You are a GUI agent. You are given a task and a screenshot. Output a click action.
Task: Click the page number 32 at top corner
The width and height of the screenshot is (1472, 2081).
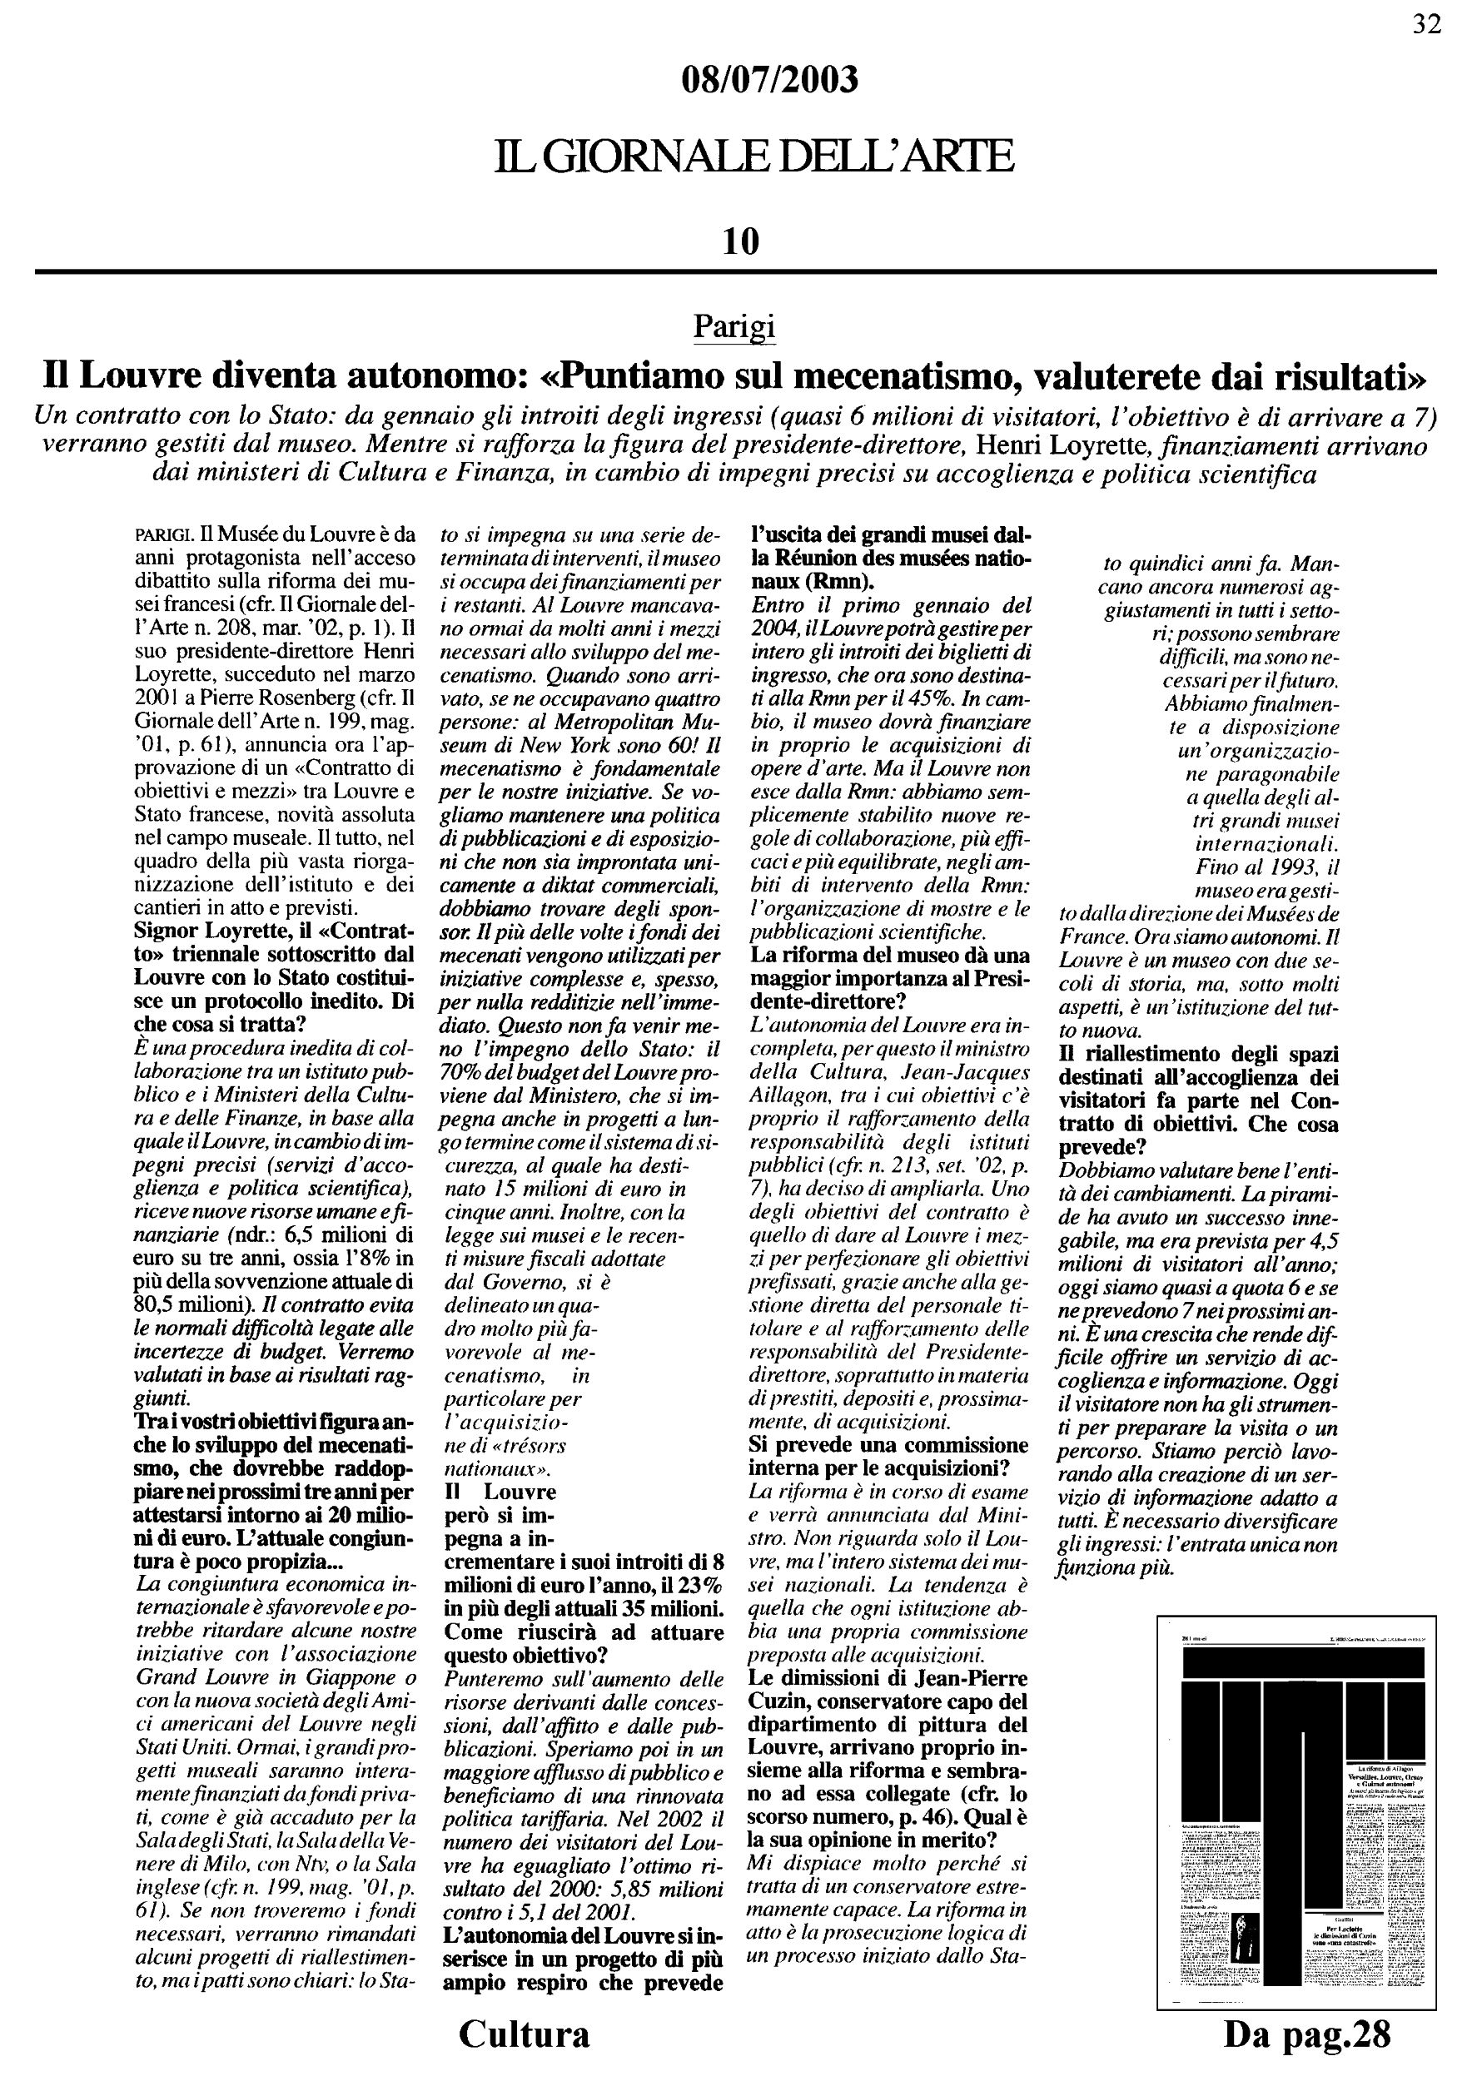coord(1427,24)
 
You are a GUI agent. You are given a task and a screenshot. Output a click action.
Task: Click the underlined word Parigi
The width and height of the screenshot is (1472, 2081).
coord(734,326)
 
